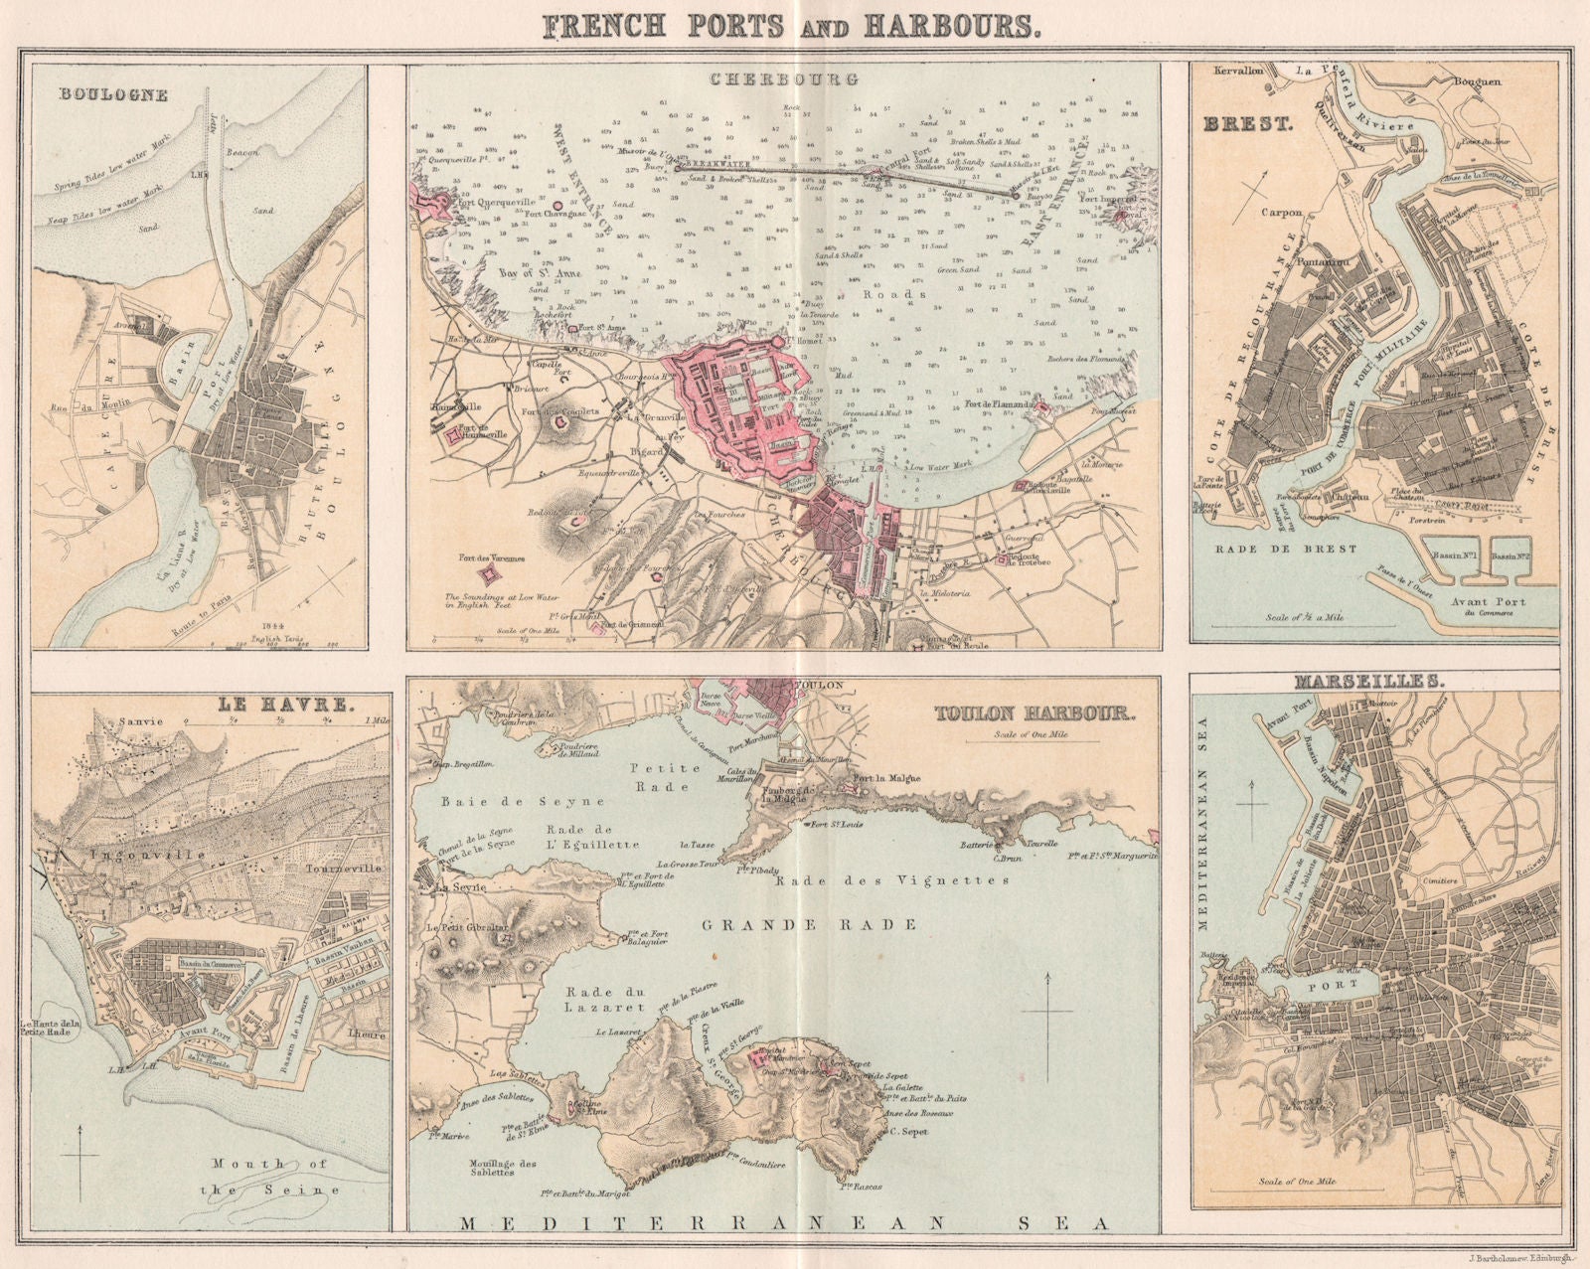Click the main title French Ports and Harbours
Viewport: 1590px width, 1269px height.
[794, 26]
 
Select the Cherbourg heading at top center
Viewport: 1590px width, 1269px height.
[784, 79]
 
